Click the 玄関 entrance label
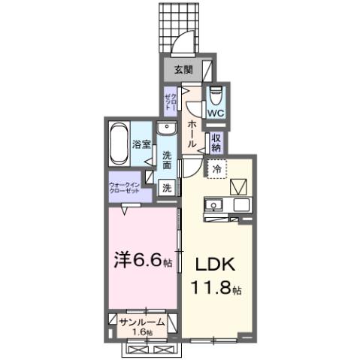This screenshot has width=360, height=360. point(183,71)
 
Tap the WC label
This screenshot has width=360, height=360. point(216,113)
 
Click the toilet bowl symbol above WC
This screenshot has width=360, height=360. point(216,95)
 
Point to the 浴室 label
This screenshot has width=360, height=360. point(142,143)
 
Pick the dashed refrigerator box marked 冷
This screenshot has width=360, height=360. point(216,169)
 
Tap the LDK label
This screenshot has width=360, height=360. point(216,265)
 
